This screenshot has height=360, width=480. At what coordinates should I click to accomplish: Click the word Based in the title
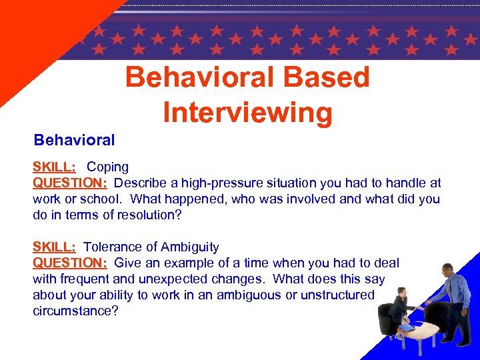tap(326, 77)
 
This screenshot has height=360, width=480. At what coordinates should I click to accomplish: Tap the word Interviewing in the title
tap(247, 112)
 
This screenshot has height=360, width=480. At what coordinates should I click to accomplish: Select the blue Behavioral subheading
tap(74, 140)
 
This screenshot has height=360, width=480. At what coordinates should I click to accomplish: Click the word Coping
tap(107, 167)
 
